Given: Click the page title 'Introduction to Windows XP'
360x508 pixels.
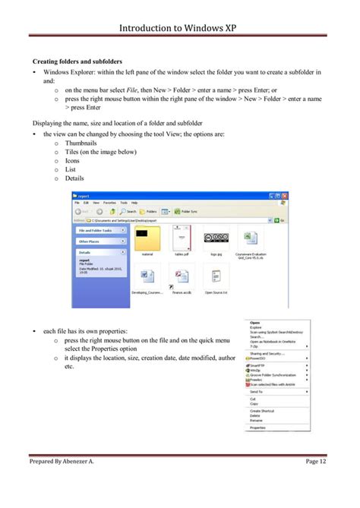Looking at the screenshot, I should tap(180, 28).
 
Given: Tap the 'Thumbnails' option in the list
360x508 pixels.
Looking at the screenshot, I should tap(81, 142).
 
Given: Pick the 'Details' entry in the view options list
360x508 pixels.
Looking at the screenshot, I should tap(74, 178).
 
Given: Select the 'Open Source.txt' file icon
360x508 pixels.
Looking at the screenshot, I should tap(217, 276).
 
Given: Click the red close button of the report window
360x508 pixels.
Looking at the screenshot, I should tap(285, 195).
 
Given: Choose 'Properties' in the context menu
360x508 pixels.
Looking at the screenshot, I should tap(258, 428).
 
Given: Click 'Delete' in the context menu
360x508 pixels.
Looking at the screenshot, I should tap(255, 415).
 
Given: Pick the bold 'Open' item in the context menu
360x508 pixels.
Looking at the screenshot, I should tap(254, 323).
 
